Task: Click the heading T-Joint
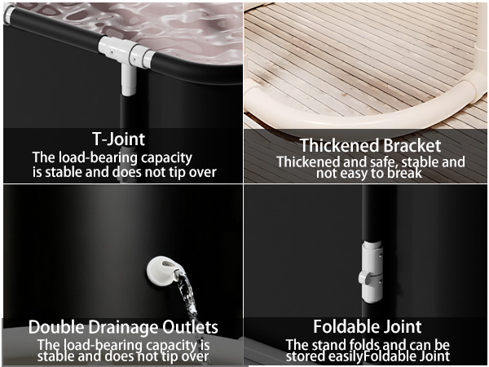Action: (x=118, y=139)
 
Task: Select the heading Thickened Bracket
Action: (x=370, y=146)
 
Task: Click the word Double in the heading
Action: (x=56, y=327)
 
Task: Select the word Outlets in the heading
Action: (x=190, y=327)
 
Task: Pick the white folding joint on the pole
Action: (x=372, y=272)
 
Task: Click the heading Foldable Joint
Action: (x=367, y=327)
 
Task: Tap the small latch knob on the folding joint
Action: (x=365, y=276)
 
